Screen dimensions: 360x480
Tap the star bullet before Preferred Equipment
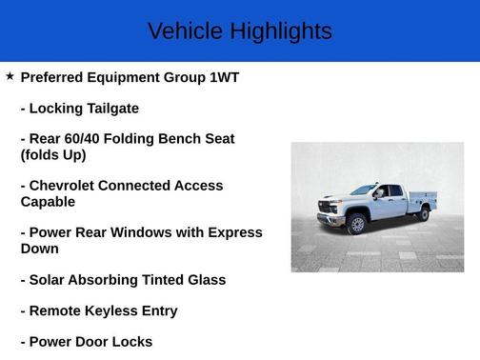pyautogui.click(x=10, y=76)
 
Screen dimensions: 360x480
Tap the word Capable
pyautogui.click(x=48, y=202)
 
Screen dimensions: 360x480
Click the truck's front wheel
pyautogui.click(x=357, y=225)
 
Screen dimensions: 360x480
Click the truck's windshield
pyautogui.click(x=362, y=190)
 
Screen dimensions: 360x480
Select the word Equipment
pyautogui.click(x=139, y=77)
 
